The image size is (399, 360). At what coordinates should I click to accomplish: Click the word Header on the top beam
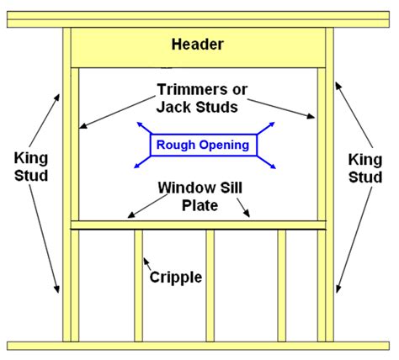click(x=198, y=44)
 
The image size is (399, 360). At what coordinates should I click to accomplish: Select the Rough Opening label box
click(x=202, y=146)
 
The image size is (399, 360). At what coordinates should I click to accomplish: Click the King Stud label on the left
click(x=31, y=167)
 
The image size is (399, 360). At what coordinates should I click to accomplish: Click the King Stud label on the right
click(x=366, y=167)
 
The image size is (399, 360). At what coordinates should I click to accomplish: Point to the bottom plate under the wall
click(x=199, y=346)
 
